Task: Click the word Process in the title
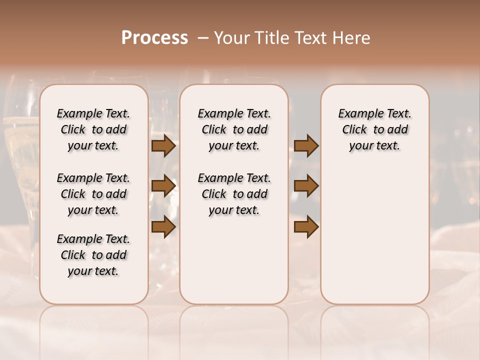(154, 37)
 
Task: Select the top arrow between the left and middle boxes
(163, 146)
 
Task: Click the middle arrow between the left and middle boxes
(163, 186)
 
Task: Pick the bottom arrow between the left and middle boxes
(163, 227)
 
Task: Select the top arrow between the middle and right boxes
(306, 146)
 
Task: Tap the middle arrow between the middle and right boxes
(306, 186)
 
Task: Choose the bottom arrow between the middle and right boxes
(306, 227)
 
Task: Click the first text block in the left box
(93, 129)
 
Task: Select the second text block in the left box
(93, 194)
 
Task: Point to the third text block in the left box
(93, 255)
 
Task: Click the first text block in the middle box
(234, 129)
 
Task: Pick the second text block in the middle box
(234, 194)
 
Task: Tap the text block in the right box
(375, 129)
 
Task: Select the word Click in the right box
(354, 130)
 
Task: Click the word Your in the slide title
(231, 37)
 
